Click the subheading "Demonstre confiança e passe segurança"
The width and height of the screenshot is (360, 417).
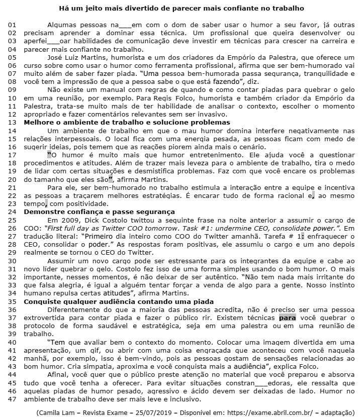click(100, 212)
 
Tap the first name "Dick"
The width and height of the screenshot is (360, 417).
click(88, 220)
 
